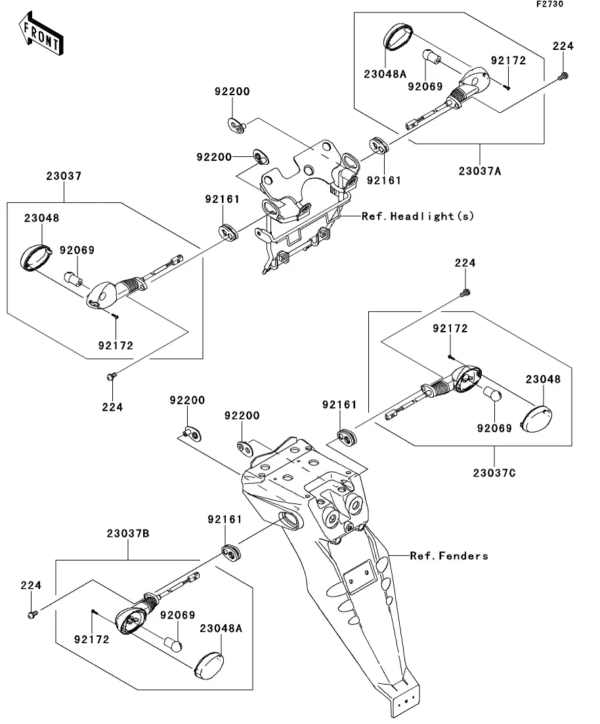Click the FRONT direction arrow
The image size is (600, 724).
click(41, 36)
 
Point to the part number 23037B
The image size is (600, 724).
click(128, 534)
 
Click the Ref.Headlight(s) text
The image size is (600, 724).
click(418, 215)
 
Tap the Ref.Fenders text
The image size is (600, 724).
click(449, 556)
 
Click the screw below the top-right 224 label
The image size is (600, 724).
click(561, 77)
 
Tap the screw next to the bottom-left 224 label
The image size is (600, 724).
click(32, 614)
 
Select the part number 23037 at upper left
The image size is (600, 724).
click(64, 176)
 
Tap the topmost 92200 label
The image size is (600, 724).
click(231, 92)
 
